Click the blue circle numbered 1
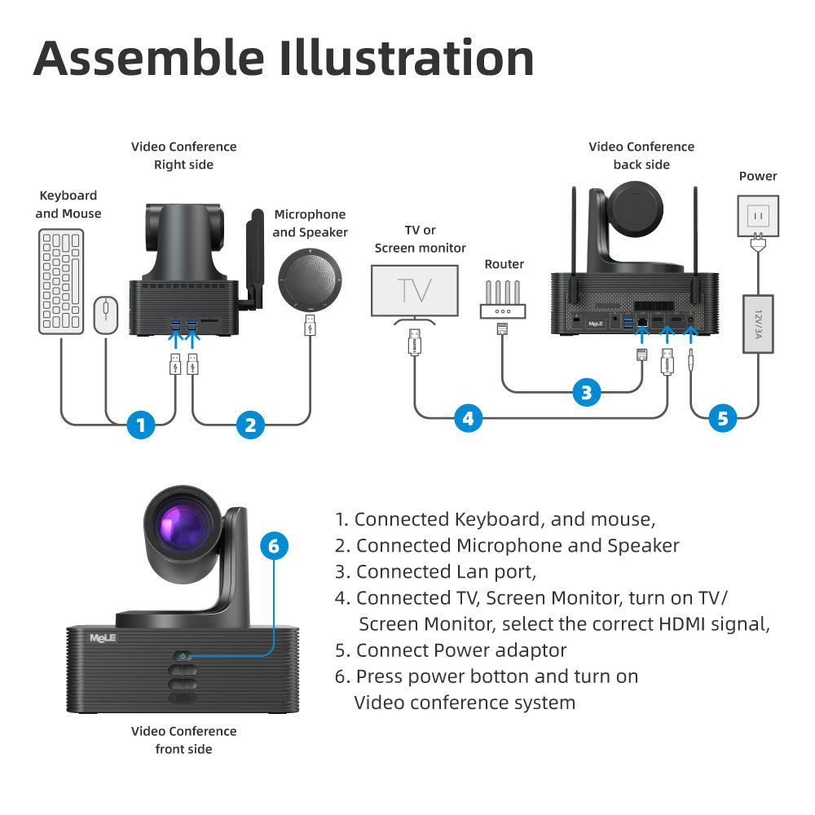[x=141, y=425]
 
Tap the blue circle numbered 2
[x=250, y=425]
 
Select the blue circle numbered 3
[x=586, y=392]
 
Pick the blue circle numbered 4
[x=467, y=419]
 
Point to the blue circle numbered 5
[x=722, y=418]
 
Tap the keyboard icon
[x=61, y=281]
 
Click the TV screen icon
[x=414, y=291]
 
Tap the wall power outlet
[x=758, y=215]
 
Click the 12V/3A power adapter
[x=758, y=324]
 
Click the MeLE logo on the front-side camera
[x=104, y=637]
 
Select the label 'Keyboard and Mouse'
[x=68, y=205]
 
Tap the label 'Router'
[x=504, y=264]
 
